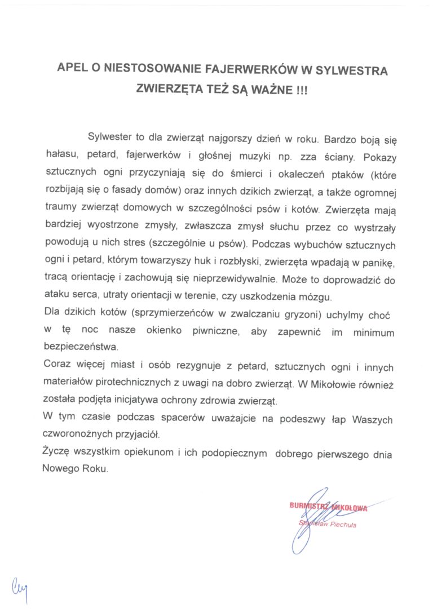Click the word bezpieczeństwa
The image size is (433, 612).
81,345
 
